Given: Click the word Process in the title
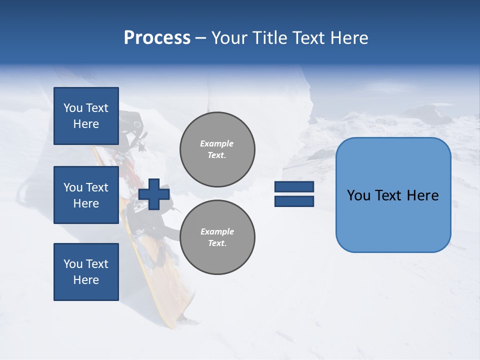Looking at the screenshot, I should point(157,38).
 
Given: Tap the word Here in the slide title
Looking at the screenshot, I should point(349,38).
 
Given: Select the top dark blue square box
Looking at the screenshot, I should point(86,116).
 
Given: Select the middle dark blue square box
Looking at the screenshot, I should point(86,195).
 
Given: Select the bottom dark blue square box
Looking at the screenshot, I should point(86,272).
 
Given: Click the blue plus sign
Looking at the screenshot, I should point(154,194).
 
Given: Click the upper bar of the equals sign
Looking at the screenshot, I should point(294,187).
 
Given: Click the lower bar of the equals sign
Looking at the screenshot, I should point(294,201).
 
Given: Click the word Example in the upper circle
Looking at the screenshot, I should point(217,143).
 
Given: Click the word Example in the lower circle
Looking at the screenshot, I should point(217,231).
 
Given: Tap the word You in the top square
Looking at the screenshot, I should point(73,108).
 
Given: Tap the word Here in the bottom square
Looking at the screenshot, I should point(86,280).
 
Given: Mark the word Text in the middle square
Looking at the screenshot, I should point(96,187).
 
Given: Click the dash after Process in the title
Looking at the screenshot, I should point(200,38).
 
